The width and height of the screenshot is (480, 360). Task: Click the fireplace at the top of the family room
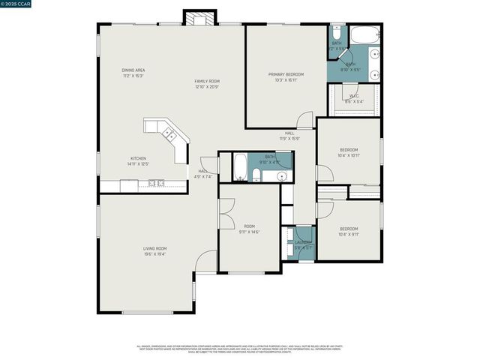tap(200, 19)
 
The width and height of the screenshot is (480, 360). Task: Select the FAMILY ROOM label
tap(206, 81)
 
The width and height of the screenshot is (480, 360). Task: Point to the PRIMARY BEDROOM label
tap(286, 74)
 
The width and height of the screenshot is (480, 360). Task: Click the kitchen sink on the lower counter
tap(157, 182)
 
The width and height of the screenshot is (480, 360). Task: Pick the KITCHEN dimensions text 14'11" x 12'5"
tap(139, 163)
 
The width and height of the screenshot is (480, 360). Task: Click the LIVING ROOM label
tap(155, 248)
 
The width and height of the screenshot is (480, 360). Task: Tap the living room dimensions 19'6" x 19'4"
tap(155, 254)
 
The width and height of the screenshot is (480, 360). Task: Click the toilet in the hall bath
tap(256, 175)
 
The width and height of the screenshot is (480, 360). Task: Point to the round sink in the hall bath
tap(282, 177)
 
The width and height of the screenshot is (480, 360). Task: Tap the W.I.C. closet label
tap(353, 95)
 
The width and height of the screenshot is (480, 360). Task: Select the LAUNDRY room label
tap(302, 241)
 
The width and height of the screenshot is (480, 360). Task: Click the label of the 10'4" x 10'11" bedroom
tap(349, 149)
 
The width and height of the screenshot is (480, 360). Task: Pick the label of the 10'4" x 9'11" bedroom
tap(349, 229)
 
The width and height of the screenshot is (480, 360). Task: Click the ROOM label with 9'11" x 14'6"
tap(250, 226)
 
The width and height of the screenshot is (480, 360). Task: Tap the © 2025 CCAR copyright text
tap(17, 6)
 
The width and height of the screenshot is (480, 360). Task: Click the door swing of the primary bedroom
tap(304, 120)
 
